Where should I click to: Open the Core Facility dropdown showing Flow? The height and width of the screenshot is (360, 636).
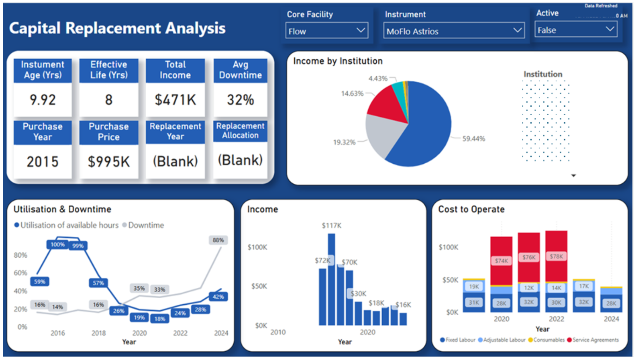326,31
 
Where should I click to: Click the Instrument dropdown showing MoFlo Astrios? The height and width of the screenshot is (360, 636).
453,31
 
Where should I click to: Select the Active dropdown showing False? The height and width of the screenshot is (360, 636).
575,30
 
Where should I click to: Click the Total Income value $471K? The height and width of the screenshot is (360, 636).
175,100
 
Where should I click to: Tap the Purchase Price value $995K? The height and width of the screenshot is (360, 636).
109,162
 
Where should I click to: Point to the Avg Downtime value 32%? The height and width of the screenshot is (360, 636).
240,100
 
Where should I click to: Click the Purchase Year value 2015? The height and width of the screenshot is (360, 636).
42,162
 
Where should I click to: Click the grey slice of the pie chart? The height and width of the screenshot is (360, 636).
384,135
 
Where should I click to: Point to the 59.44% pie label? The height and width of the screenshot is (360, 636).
473,139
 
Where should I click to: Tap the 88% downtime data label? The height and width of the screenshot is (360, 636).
218,240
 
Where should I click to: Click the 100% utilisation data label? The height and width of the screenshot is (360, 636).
57,244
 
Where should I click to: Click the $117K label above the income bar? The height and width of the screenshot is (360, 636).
331,225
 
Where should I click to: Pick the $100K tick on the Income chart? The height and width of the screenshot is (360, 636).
257,247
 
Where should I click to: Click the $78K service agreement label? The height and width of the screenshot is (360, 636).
556,256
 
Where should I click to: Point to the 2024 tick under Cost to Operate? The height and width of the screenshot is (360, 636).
611,319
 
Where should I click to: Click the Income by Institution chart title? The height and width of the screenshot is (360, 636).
338,61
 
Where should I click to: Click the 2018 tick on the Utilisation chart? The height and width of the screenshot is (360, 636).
98,333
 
